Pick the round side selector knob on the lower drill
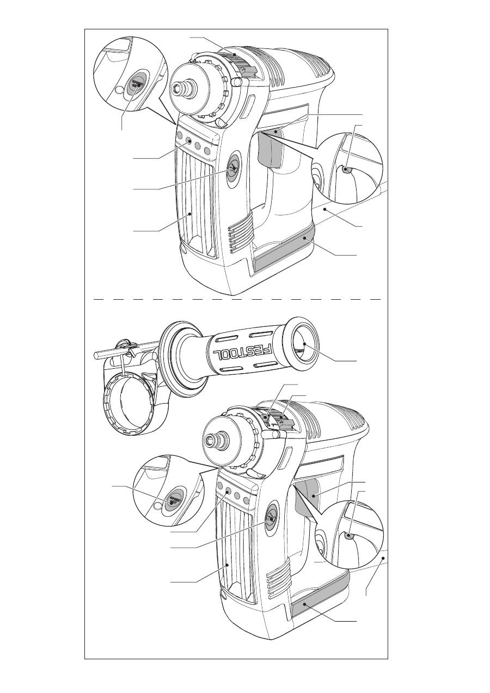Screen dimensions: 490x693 (x=270, y=518)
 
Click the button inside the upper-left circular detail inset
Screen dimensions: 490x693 (x=135, y=84)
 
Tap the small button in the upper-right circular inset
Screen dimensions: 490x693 (x=347, y=170)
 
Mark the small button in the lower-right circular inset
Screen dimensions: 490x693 (x=348, y=536)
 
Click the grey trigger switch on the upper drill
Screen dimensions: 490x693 (x=271, y=148)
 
